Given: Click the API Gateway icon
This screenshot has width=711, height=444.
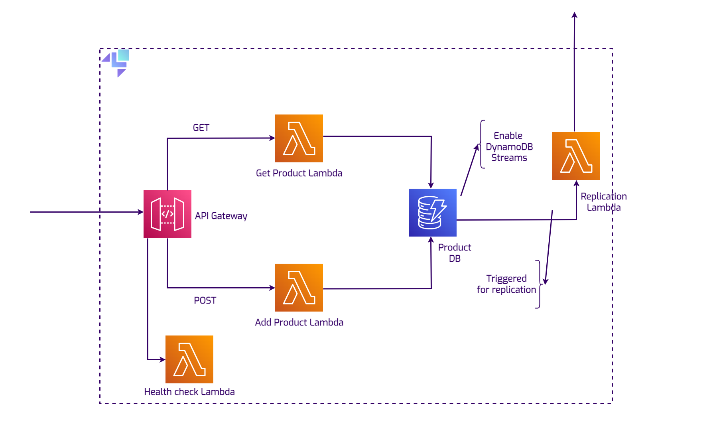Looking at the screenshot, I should pos(167,214).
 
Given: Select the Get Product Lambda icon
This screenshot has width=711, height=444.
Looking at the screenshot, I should pos(299,138).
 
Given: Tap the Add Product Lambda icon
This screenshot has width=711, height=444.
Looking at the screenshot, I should pos(299,288).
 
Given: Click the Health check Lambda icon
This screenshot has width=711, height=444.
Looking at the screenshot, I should pos(189,359).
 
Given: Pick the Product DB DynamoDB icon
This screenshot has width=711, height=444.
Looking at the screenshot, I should pos(432,213).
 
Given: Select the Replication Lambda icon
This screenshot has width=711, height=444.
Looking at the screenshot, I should pos(576,156).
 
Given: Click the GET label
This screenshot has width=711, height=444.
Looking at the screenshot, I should pos(201,128).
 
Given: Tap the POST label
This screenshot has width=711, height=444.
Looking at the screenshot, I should pos(205,300).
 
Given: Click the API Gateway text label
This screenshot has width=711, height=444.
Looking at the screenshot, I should pos(221,216).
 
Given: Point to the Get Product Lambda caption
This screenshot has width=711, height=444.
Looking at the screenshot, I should pos(299,173).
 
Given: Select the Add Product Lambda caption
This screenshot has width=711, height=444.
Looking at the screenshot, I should pos(299,322).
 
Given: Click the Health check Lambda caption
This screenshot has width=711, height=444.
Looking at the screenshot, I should pos(189,392).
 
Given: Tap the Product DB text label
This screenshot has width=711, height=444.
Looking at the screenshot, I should pos(455,253).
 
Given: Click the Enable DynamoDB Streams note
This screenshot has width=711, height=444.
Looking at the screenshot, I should pos(509,147).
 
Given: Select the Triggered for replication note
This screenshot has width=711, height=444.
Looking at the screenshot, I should pos(506,284).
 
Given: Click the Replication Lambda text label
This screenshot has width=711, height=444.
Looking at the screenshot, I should pos(603,202).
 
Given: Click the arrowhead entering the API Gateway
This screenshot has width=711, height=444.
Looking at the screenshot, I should pos(140,212).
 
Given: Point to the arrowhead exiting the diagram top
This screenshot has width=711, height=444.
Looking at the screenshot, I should pos(574,15).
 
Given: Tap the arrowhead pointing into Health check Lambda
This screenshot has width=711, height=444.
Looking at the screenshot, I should pos(162,359).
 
